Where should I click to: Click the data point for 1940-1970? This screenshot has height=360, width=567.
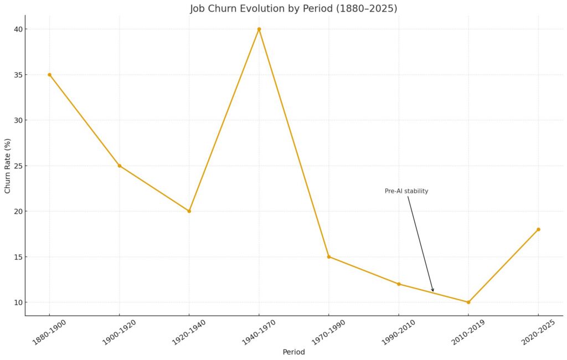(x=259, y=29)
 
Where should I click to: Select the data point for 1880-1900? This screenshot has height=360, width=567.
(x=49, y=75)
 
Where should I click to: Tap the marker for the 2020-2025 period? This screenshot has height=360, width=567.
(x=538, y=229)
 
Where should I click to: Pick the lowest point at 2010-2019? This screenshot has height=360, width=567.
(x=468, y=302)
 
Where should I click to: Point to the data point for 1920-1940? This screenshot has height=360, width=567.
(x=189, y=211)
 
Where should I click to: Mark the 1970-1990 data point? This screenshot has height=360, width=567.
(x=328, y=256)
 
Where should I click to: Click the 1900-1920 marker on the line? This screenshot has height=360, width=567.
(x=119, y=166)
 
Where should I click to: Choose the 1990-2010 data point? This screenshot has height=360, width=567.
(x=399, y=284)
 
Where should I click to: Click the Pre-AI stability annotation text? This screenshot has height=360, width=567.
(x=406, y=191)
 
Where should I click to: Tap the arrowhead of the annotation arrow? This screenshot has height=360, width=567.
(x=433, y=290)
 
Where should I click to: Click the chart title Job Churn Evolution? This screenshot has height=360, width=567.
(x=293, y=9)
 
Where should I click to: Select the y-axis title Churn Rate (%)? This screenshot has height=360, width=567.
(x=8, y=166)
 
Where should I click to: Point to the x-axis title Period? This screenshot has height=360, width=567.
(x=293, y=352)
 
